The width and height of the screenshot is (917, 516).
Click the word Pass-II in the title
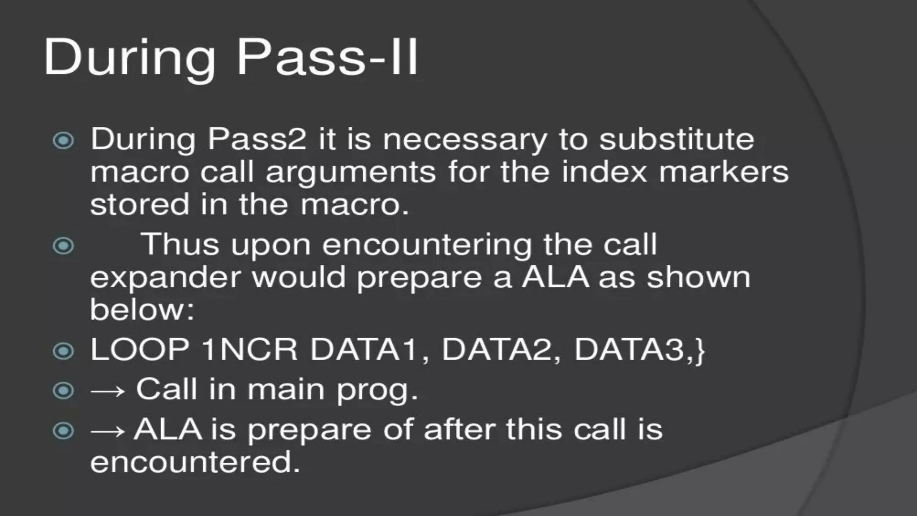[x=327, y=58]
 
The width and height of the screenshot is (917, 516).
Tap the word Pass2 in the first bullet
[x=257, y=139]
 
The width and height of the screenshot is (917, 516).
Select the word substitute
[x=677, y=139]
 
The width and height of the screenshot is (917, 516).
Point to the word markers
[x=724, y=172]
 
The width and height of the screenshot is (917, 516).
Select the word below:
[x=142, y=309]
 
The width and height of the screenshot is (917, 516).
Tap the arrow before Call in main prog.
[x=107, y=391]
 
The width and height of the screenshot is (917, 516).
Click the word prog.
[x=377, y=390]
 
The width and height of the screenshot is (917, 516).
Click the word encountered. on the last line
[x=195, y=462]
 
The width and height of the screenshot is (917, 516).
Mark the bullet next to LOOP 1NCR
[x=63, y=351]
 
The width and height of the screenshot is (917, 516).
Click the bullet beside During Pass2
[x=63, y=141]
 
